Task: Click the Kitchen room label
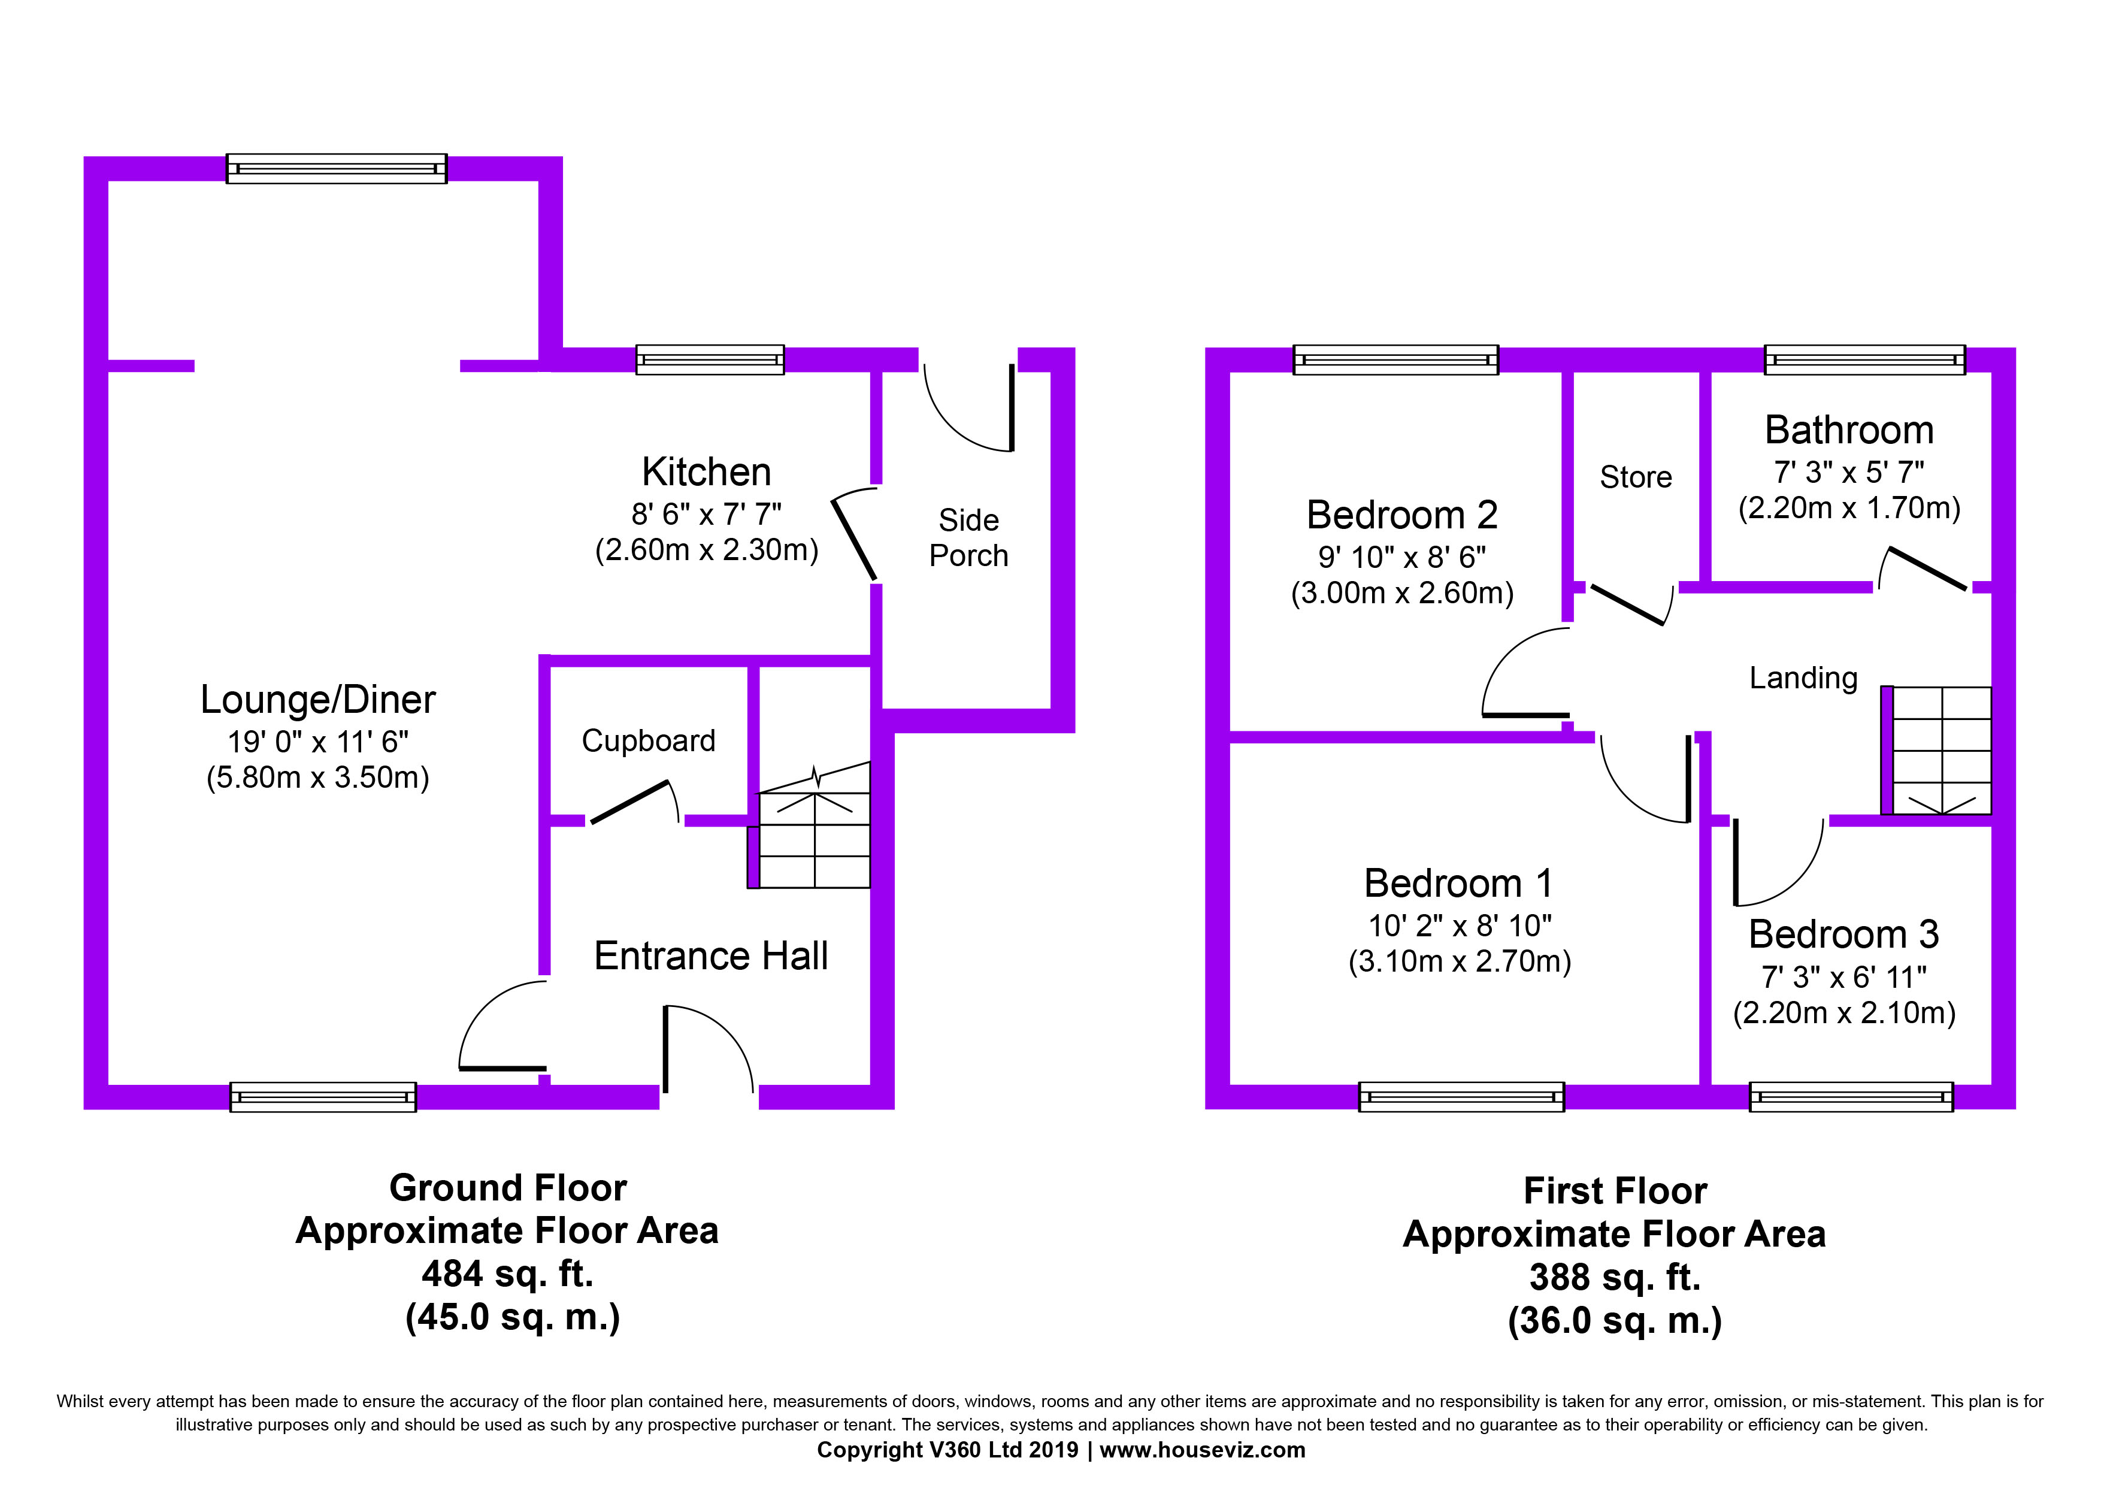(707, 472)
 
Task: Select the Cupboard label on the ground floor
(649, 740)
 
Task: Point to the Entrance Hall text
(711, 955)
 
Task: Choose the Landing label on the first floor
(1803, 678)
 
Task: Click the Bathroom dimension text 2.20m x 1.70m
(1849, 508)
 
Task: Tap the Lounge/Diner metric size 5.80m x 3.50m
(317, 777)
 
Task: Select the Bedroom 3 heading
(1844, 934)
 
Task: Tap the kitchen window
(710, 359)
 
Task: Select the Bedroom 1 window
(1461, 1096)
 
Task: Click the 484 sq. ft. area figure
(508, 1273)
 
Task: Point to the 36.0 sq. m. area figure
(1615, 1320)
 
